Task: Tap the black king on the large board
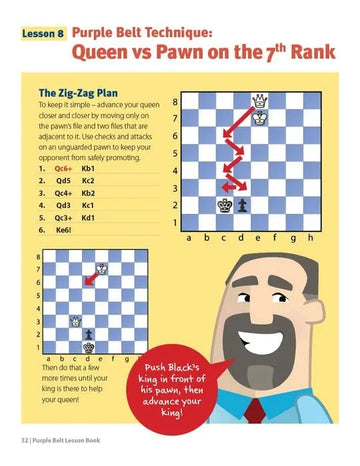coord(224,204)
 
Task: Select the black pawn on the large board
coord(242,204)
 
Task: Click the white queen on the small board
coord(101,269)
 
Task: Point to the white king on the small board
coord(75,321)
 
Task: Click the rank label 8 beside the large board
coord(176,101)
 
